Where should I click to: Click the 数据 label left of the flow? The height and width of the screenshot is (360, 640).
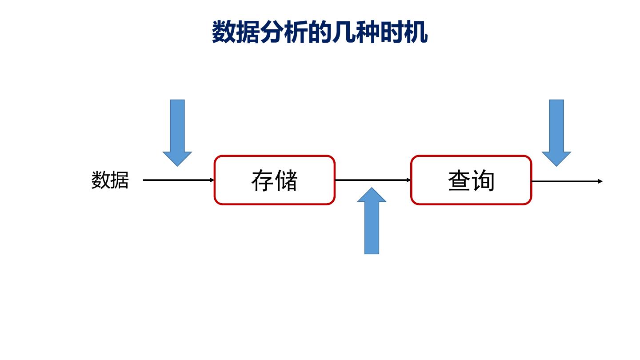coord(110,180)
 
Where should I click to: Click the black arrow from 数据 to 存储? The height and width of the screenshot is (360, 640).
coord(178,180)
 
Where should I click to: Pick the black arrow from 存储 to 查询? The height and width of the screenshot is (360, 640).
coord(372,180)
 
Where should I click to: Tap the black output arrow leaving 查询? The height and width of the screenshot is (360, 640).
coord(567,181)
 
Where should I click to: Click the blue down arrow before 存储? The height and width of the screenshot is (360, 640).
coord(177,131)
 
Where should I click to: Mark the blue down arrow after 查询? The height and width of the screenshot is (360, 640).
coord(556,131)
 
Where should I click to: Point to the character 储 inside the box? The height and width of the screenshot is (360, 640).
coord(286,180)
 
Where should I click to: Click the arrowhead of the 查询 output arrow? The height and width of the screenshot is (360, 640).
coord(600,181)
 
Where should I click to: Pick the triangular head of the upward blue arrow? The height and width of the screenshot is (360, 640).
coord(372,196)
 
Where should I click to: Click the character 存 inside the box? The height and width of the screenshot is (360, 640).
coord(263,180)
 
